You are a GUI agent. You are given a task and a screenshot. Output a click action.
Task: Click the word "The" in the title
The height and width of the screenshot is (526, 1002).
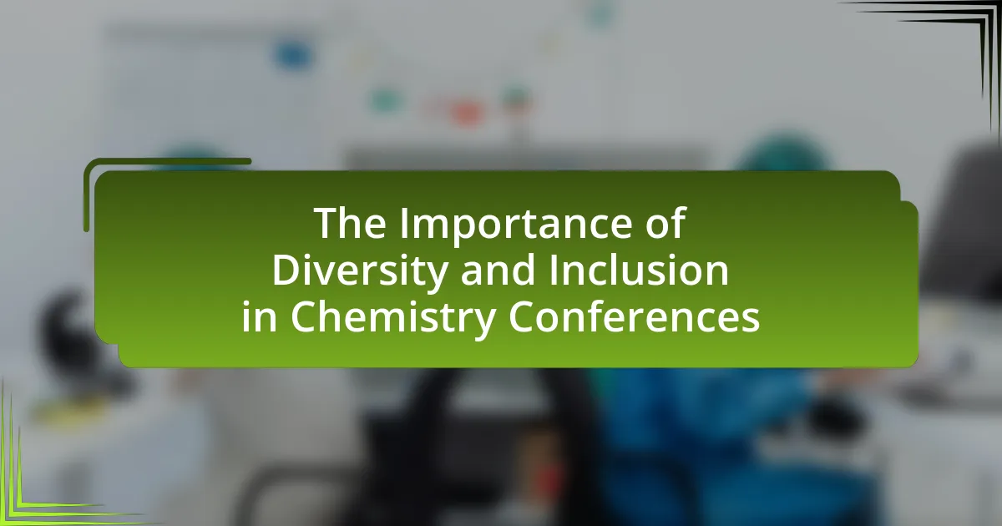pos(350,223)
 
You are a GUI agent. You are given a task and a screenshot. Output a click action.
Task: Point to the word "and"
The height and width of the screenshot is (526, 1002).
pos(498,270)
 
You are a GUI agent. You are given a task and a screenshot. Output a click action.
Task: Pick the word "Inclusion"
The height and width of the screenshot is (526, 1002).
pos(639,270)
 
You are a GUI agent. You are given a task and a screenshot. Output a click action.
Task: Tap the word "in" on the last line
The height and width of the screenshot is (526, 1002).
pos(260,316)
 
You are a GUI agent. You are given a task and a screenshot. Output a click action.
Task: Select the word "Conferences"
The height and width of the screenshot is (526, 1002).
pos(634,316)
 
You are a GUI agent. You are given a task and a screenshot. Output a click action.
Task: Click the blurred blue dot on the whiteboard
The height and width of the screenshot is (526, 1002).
pos(293,55)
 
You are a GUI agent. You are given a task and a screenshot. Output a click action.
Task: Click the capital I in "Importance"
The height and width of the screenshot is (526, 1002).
pos(404,223)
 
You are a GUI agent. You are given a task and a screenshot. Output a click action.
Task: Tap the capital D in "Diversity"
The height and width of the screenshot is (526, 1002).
pos(287,271)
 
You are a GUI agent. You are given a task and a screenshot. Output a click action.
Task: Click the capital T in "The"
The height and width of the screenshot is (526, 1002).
pos(326,224)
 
